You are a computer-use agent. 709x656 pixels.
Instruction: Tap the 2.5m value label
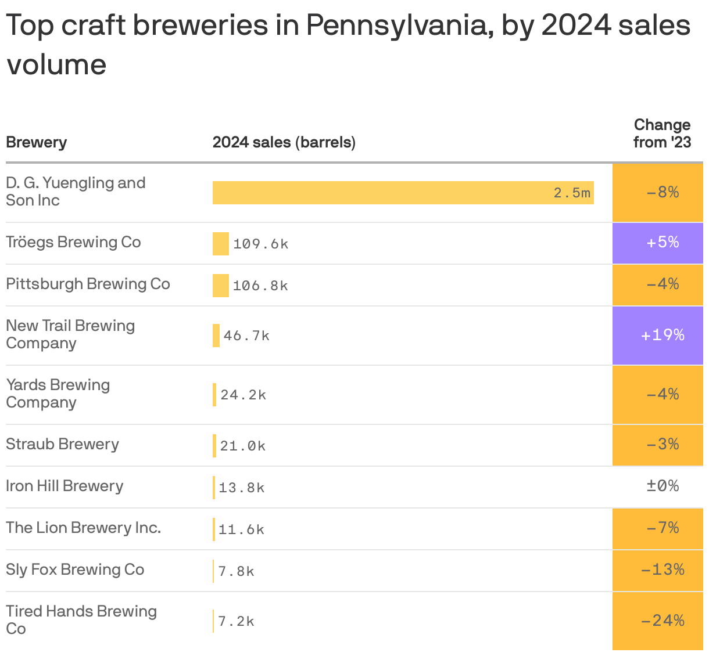click(x=572, y=193)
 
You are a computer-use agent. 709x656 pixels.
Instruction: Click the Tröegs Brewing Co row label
click(x=73, y=242)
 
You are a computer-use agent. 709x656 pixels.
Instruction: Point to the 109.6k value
click(x=260, y=244)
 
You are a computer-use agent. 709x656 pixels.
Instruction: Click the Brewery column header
click(x=36, y=142)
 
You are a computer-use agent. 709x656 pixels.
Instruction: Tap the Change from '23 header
click(x=662, y=134)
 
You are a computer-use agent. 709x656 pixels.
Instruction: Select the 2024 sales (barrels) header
click(x=284, y=142)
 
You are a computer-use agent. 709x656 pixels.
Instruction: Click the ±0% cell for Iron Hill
click(x=663, y=486)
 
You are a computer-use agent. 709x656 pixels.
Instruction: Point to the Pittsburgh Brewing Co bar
click(x=221, y=286)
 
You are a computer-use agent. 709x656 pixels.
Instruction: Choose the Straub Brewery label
click(x=62, y=444)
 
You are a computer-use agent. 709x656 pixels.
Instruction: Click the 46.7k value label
click(x=246, y=336)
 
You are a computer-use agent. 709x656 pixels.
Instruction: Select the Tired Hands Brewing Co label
click(x=81, y=619)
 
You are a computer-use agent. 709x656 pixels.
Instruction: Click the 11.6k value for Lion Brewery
click(x=241, y=529)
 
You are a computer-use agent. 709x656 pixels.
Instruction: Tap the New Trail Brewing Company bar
click(x=216, y=336)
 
